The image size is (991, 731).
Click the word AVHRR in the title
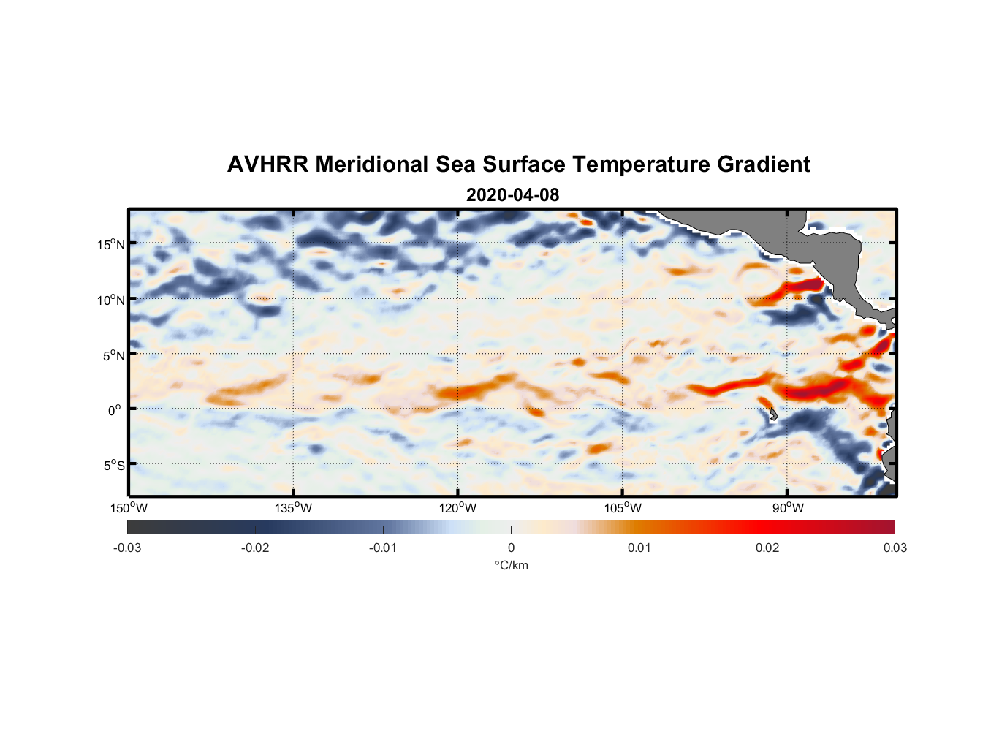pos(267,164)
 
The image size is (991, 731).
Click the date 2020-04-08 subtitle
pos(512,195)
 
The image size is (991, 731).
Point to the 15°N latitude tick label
pos(110,244)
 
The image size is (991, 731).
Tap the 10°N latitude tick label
pos(110,300)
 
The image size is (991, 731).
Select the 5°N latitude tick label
pos(113,355)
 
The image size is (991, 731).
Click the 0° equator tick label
pos(115,410)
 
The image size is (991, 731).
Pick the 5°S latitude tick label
pos(113,465)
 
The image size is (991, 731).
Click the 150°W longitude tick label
pos(129,508)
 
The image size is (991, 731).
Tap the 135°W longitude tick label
pos(293,508)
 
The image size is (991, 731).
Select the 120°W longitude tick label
pos(457,508)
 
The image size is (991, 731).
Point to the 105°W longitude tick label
pos(623,508)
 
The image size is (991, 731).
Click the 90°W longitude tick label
pos(787,508)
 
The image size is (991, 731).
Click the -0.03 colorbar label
pos(127,548)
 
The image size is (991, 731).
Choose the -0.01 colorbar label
pos(383,548)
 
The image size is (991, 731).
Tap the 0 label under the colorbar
pos(511,548)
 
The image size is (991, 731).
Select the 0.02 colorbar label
pos(767,548)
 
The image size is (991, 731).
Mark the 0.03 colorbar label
pos(895,548)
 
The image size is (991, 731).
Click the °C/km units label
pos(511,565)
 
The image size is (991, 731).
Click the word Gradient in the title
pos(764,164)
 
